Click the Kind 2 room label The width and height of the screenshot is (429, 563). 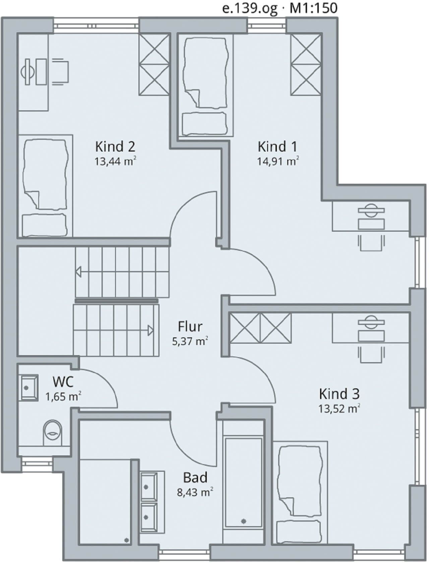(x=115, y=147)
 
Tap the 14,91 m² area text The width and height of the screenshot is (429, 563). (x=278, y=161)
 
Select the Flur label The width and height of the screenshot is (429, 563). (x=190, y=327)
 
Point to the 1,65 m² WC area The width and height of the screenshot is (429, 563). (x=64, y=397)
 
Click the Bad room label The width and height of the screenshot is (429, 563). (x=195, y=477)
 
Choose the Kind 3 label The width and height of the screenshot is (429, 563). (x=339, y=394)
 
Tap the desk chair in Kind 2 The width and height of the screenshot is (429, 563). (x=60, y=71)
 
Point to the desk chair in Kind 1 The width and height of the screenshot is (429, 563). (x=371, y=243)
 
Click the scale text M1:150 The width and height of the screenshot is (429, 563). (x=313, y=8)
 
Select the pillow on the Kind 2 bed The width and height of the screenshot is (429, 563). (x=44, y=225)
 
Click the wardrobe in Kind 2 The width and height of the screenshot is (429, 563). (x=154, y=65)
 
